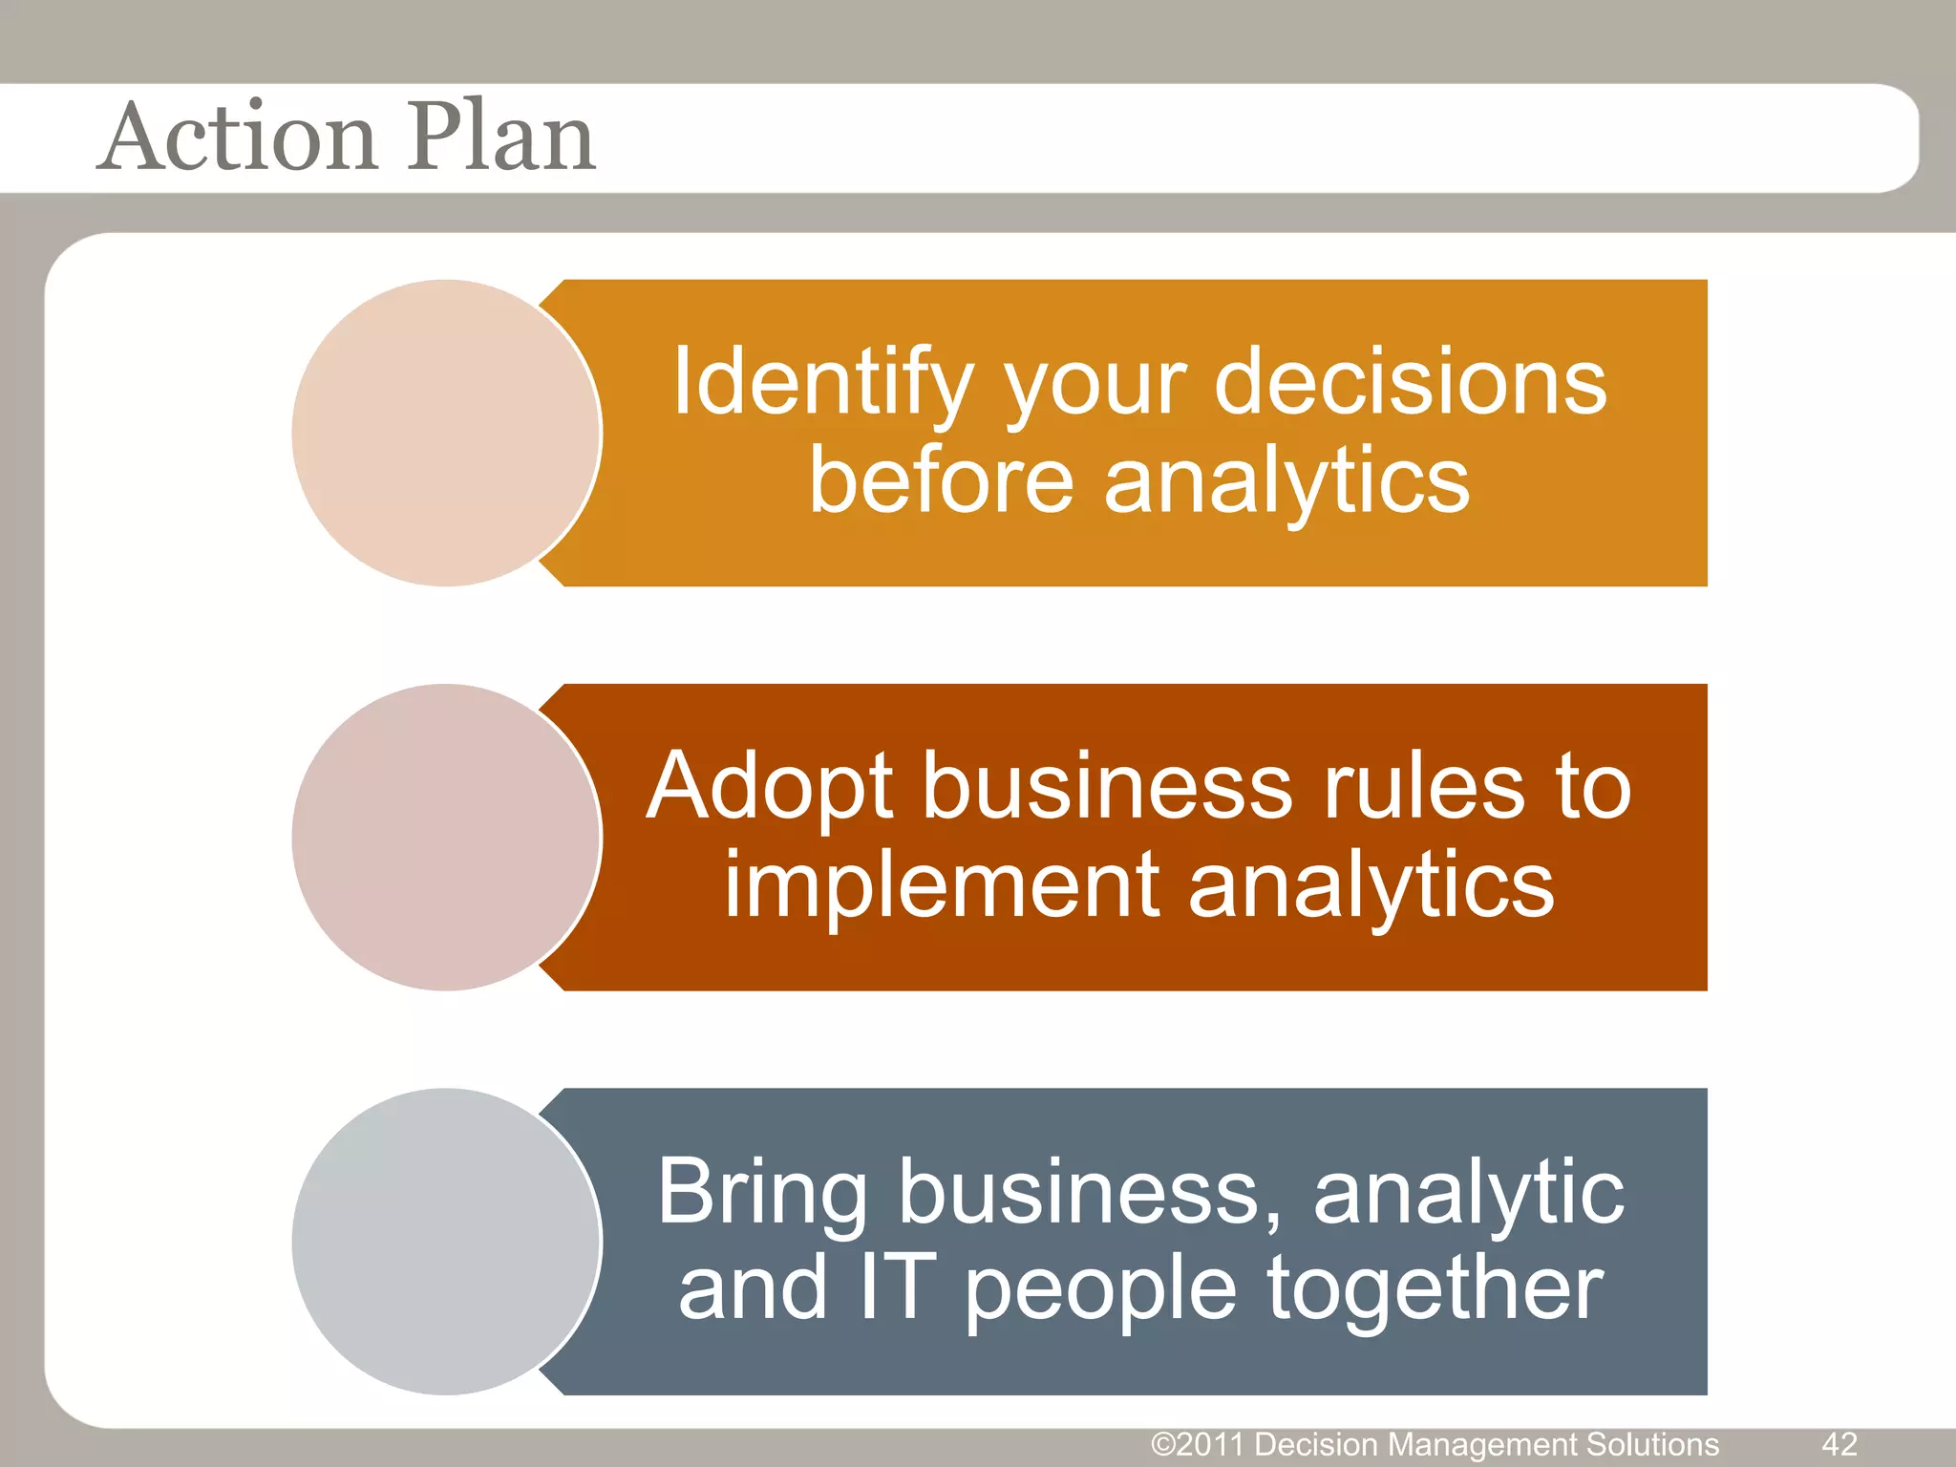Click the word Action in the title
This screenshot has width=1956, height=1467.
pos(239,138)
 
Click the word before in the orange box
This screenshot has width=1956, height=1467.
pos(942,481)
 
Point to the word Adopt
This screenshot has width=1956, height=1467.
pos(770,787)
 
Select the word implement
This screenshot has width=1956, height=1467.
pos(941,886)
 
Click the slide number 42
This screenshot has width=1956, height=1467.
pos(1839,1443)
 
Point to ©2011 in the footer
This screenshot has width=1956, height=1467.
pos(1199,1444)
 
